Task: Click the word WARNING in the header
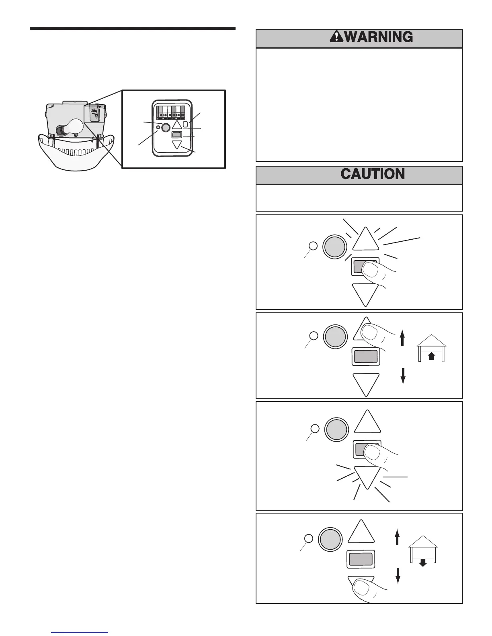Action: [379, 37]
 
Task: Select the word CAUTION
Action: [373, 174]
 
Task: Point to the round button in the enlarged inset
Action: [165, 128]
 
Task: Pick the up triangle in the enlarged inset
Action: [177, 124]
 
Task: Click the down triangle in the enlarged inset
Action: [177, 145]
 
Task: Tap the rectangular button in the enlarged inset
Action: [176, 135]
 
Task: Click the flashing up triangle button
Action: [365, 241]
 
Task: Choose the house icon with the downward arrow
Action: [423, 549]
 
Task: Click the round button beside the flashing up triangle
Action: [335, 247]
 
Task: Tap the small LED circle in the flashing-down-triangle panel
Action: [315, 428]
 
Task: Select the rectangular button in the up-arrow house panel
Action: [365, 356]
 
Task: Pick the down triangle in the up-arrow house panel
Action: [366, 383]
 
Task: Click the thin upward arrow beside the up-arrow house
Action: [402, 337]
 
